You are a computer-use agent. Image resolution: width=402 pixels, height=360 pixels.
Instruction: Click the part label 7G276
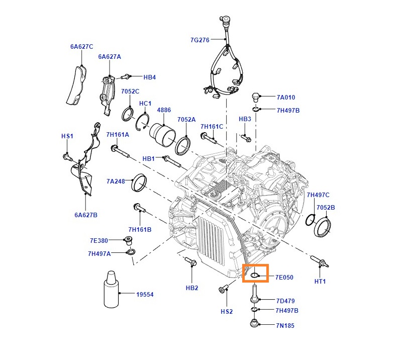199,40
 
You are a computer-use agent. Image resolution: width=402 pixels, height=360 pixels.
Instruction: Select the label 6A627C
82,46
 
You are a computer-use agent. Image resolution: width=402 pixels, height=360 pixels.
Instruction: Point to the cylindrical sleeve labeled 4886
162,135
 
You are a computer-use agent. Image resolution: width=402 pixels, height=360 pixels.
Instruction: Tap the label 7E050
284,277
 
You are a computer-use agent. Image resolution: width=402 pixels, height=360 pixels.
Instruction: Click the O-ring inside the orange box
254,276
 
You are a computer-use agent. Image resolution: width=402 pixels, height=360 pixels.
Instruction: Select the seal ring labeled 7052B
323,227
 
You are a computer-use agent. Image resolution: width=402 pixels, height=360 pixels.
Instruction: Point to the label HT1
320,281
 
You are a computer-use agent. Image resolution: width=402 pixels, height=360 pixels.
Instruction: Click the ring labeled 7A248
139,183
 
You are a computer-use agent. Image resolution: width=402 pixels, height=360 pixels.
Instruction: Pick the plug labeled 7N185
254,323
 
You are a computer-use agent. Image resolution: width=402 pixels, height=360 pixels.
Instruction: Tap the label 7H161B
140,229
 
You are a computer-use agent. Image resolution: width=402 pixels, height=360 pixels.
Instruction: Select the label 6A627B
86,215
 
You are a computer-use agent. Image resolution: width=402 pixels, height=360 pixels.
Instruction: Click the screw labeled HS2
223,288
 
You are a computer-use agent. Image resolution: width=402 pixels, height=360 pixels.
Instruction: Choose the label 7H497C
318,195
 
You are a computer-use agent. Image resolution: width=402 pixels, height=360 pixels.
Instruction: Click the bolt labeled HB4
125,76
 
